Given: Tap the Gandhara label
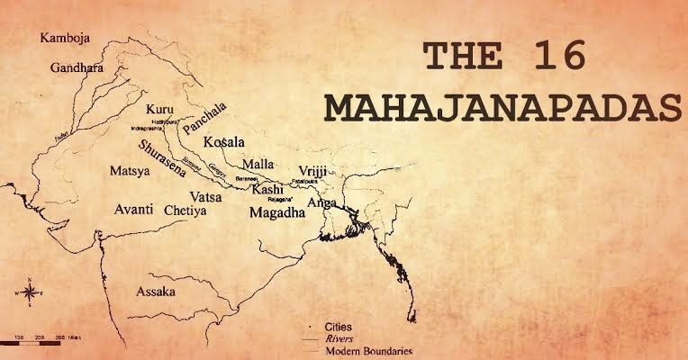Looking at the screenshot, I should coord(77,67).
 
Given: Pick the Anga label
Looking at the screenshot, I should coord(321,203).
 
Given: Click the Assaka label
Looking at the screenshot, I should coord(156,292).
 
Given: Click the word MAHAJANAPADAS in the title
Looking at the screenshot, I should coord(502,109).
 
